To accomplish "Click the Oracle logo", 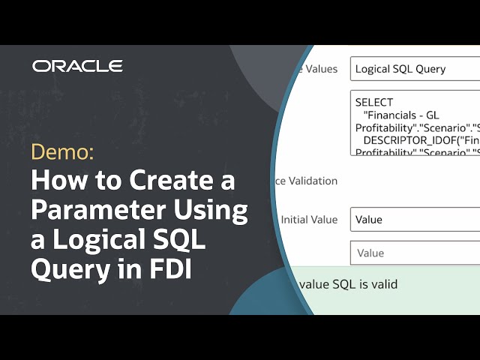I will coord(77,66).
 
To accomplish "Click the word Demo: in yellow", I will coord(62,152).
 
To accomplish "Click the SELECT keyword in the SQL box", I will coord(374,102).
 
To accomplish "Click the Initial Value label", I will coord(309,220).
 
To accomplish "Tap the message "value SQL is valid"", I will coord(347,284).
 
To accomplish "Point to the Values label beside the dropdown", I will coord(321,69).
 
